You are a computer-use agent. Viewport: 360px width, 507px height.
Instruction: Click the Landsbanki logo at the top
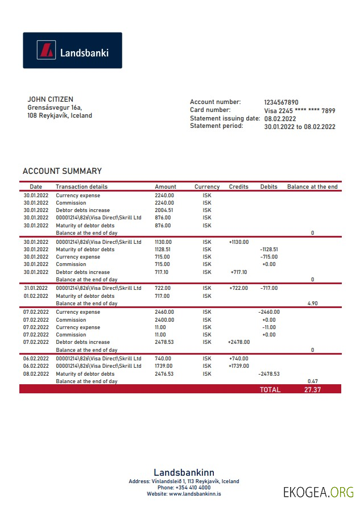click(72, 51)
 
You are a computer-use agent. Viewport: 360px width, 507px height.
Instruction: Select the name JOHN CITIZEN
click(50, 99)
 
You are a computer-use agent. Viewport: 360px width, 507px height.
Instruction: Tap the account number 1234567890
click(281, 102)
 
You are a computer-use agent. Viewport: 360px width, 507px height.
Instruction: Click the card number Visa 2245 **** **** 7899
click(299, 111)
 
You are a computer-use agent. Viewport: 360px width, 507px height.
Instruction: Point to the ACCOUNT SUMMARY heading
click(62, 171)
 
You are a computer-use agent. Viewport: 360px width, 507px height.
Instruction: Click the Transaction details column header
click(81, 186)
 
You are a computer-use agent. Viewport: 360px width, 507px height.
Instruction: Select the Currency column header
click(207, 186)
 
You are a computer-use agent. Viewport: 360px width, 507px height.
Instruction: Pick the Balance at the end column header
click(312, 186)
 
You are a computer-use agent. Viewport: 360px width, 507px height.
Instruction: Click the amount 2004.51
click(164, 210)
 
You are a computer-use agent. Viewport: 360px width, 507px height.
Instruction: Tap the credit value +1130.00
click(239, 242)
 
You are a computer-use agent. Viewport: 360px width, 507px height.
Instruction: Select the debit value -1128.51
click(268, 250)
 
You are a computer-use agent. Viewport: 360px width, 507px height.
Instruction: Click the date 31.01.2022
click(36, 288)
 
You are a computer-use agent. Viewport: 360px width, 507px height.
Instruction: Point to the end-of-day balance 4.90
click(312, 304)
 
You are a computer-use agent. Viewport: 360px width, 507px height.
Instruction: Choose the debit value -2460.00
click(268, 312)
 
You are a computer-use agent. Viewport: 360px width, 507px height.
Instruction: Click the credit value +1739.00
click(239, 366)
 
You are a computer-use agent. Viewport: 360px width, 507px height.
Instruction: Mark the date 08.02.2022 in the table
click(36, 374)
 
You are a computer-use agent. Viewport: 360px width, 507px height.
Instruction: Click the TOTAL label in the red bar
click(270, 390)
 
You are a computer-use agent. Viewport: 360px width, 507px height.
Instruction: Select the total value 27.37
click(312, 390)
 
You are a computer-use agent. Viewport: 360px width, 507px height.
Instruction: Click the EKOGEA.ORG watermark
click(318, 492)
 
